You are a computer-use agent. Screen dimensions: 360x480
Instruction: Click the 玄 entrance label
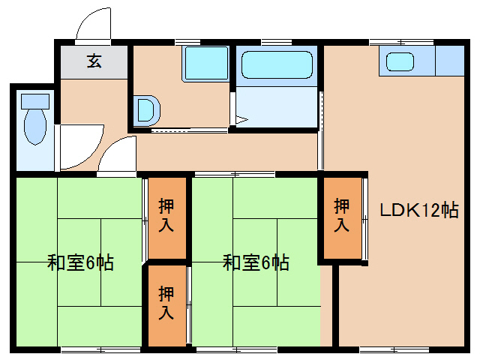tap(94, 61)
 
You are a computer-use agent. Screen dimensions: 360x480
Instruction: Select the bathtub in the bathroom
tap(276, 66)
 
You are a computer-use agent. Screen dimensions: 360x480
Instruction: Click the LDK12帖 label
tap(418, 210)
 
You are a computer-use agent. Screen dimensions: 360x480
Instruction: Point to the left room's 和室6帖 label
tap(80, 263)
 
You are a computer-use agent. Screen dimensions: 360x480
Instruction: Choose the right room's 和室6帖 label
tap(256, 263)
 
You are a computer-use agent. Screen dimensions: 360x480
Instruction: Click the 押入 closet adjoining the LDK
tap(342, 215)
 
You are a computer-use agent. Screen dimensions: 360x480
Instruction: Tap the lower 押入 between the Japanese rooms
tap(166, 304)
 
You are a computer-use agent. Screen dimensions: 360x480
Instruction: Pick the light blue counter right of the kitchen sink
tap(449, 61)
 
